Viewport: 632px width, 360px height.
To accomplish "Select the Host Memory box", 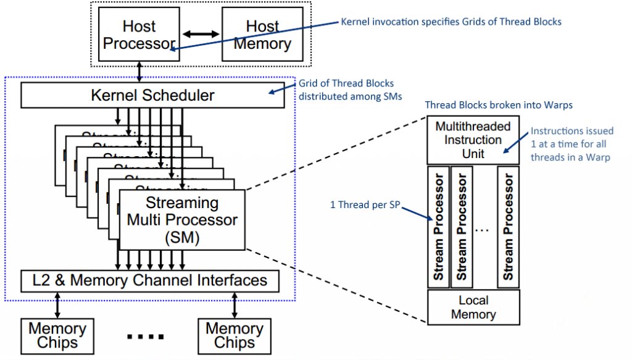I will click(x=262, y=35).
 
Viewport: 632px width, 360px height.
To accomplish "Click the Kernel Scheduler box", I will click(x=152, y=96).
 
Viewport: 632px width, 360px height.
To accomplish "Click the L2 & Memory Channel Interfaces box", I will click(x=150, y=280).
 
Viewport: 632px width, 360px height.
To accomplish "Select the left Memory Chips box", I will click(x=57, y=335).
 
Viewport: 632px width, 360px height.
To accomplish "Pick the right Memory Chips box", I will click(x=235, y=335).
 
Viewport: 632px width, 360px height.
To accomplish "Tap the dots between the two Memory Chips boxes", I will click(x=146, y=337).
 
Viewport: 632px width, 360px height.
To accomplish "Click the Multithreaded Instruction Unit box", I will click(x=473, y=140).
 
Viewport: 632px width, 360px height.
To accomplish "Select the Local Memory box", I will click(x=473, y=307).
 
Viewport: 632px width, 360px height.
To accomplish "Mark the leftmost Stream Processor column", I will click(x=439, y=227).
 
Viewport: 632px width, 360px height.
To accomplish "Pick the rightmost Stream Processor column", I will click(x=508, y=227).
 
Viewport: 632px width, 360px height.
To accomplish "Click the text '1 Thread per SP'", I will click(x=364, y=204).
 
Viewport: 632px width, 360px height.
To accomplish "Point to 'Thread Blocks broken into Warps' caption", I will click(x=498, y=105).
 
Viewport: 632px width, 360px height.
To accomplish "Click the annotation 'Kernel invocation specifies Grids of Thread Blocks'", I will click(x=451, y=22).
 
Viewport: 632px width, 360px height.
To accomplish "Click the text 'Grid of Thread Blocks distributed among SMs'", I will click(x=346, y=90).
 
